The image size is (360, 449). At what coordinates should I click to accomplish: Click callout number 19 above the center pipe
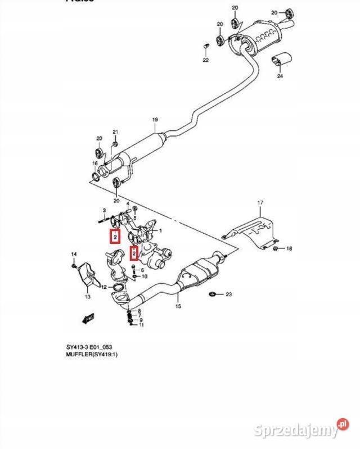tap(155, 120)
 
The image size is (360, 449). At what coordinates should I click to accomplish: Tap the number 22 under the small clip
tap(205, 60)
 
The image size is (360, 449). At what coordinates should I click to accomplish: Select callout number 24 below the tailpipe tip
tap(280, 76)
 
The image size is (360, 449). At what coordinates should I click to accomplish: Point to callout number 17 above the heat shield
tap(260, 202)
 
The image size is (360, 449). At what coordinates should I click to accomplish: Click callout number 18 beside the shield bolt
tap(289, 248)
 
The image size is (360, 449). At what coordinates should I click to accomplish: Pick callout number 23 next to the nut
tap(228, 294)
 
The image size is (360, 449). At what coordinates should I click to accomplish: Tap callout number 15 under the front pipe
tap(178, 307)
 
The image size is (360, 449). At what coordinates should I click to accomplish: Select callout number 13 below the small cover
tap(87, 296)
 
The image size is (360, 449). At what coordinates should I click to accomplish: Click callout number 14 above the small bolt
tap(74, 255)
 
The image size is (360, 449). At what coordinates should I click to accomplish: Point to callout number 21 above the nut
tap(115, 133)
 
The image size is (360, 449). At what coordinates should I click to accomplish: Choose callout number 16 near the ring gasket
tap(95, 164)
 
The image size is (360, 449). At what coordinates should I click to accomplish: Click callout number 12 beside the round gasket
tap(103, 287)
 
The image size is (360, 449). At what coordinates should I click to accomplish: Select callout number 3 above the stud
tap(104, 210)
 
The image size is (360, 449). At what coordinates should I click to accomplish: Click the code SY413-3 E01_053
tap(94, 347)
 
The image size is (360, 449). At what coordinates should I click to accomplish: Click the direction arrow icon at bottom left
tap(87, 319)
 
